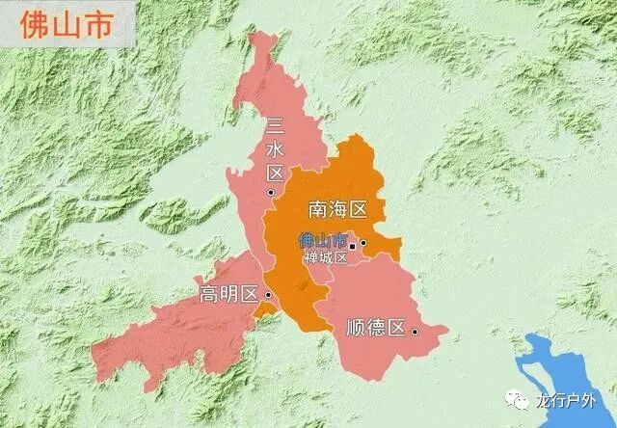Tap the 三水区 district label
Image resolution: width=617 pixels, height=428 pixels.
(275, 149)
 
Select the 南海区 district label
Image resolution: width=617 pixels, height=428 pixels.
(338, 208)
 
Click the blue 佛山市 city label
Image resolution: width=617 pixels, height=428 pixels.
(321, 240)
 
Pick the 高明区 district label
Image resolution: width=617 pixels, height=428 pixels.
(228, 295)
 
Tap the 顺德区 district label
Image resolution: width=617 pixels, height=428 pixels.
(375, 328)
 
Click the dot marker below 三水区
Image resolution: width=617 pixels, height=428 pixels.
(272, 193)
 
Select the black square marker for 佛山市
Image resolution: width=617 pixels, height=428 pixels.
(353, 247)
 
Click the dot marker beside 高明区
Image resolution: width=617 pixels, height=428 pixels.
(268, 295)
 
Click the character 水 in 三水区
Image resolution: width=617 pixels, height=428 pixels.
(275, 149)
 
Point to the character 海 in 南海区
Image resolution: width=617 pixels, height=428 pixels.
(338, 208)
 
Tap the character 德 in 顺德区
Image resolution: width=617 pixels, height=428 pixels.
(375, 328)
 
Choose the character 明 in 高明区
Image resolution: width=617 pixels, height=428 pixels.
(229, 295)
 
